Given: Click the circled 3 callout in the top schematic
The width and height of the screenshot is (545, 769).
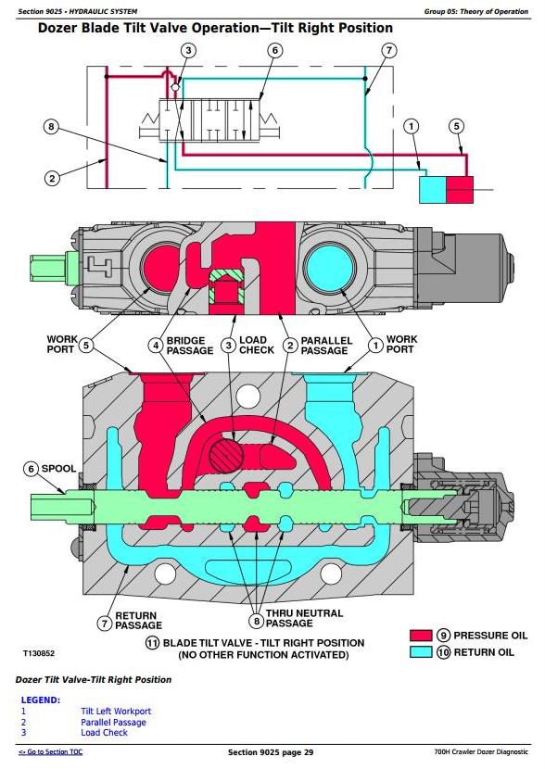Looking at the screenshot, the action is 188,50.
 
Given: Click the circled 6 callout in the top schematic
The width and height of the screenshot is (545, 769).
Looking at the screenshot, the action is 274,50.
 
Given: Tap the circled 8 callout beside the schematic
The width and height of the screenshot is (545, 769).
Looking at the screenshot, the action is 51,128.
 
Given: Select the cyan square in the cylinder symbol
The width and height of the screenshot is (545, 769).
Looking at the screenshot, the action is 433,189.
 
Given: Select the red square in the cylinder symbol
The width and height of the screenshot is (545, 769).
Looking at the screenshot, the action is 460,189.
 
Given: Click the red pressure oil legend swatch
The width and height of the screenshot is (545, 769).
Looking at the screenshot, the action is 421,636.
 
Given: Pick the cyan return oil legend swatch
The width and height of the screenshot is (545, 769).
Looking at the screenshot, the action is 421,651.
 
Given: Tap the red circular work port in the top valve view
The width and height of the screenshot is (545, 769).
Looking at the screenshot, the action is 160,266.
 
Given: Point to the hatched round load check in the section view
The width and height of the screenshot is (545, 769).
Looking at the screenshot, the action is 227,456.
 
